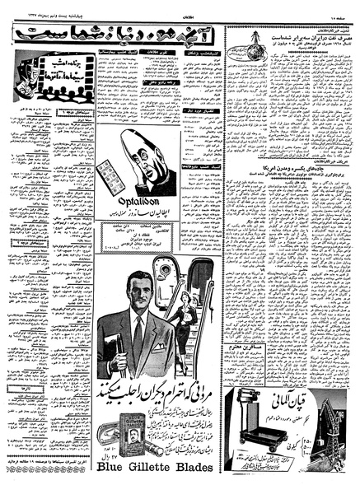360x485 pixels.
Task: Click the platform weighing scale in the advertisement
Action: (x=250, y=429)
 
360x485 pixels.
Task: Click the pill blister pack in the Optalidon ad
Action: (x=108, y=175)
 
